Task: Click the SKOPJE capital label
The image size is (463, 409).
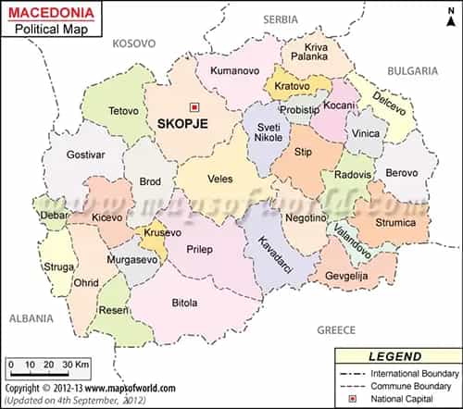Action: [x=182, y=123]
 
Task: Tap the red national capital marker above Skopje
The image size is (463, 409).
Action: [x=194, y=106]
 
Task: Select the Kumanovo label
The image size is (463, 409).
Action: [x=232, y=70]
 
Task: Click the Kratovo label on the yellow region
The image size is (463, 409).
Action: [x=293, y=87]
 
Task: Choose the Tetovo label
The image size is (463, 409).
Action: [x=123, y=111]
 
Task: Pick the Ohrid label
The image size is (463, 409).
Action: [x=86, y=281]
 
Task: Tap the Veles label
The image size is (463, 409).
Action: [x=220, y=178]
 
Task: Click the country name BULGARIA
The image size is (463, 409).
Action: [x=412, y=70]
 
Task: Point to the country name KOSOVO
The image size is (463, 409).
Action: [x=135, y=43]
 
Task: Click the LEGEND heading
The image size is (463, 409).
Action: [x=395, y=355]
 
